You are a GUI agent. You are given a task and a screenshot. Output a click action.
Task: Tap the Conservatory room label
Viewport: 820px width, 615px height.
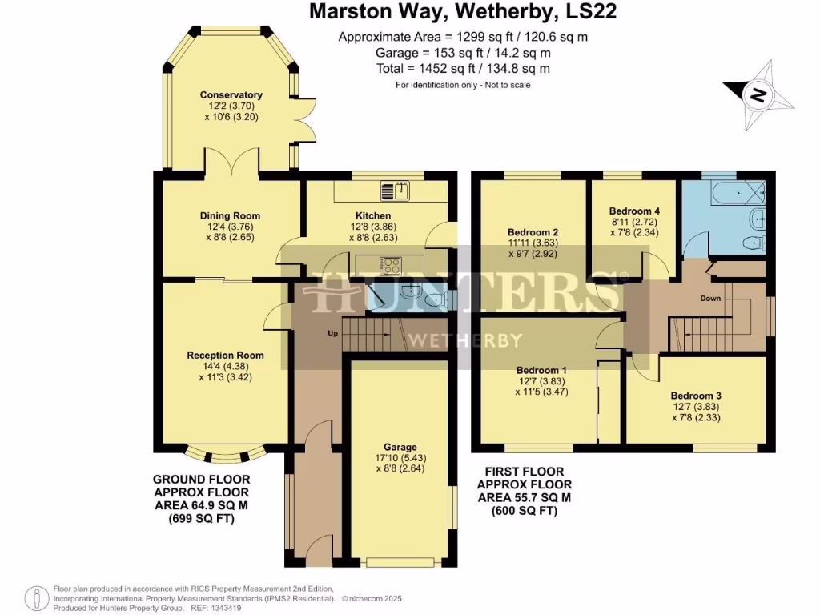231,95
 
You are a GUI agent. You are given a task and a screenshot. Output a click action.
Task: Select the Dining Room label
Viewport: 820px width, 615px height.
230,215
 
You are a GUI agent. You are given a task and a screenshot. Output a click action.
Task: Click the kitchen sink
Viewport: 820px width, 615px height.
395,191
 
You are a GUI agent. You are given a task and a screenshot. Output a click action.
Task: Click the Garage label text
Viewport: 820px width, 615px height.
400,447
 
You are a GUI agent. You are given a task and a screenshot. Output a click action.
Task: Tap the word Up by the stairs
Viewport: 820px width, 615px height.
332,332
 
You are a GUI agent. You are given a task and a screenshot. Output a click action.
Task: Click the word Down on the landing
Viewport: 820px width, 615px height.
711,299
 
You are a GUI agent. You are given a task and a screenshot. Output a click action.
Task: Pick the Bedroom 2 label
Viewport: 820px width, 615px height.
533,232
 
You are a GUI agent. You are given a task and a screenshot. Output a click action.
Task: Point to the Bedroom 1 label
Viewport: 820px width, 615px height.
541,370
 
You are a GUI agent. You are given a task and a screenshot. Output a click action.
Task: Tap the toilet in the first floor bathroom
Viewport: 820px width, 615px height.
753,243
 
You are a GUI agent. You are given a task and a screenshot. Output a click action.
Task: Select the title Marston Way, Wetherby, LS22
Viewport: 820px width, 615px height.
463,12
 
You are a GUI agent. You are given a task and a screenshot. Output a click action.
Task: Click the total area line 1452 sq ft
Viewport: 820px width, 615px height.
463,69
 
